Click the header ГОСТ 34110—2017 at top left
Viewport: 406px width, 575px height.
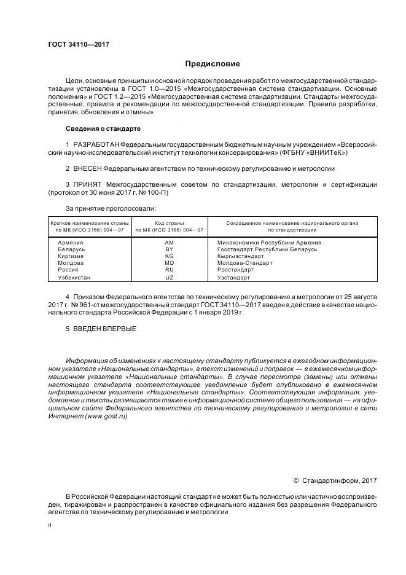click(x=74, y=45)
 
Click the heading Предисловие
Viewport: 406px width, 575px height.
click(x=213, y=64)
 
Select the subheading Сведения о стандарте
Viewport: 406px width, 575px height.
click(x=103, y=129)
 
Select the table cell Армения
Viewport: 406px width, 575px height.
click(x=70, y=243)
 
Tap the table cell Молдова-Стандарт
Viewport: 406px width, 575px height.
click(x=244, y=263)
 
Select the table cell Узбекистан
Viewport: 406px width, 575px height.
click(x=74, y=277)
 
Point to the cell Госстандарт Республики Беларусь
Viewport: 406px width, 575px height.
click(x=267, y=249)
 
